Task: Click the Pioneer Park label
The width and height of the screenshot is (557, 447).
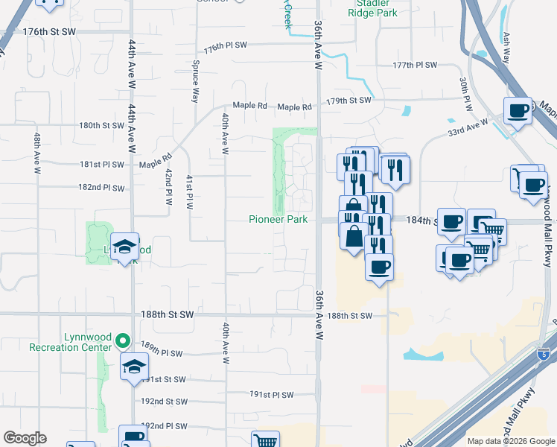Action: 278,219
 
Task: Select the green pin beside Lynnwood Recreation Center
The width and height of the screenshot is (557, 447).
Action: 124,343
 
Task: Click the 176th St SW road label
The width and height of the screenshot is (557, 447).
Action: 50,32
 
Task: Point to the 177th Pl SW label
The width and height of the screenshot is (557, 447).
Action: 415,65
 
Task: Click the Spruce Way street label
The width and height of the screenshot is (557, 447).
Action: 196,81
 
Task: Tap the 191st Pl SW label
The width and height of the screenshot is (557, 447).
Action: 272,395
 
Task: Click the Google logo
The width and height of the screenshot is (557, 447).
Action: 25,438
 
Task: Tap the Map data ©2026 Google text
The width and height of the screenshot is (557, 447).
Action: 510,441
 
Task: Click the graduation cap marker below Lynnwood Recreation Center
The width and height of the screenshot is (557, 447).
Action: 134,367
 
